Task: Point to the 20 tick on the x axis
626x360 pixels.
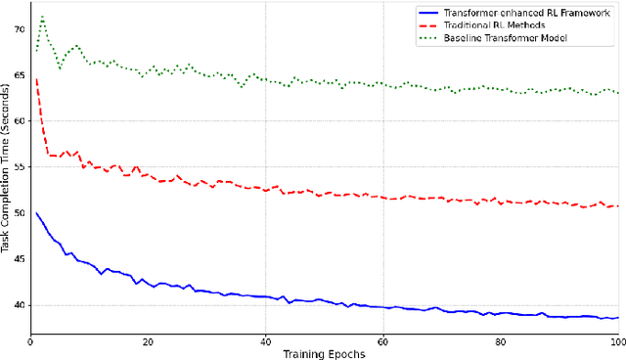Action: [147, 342]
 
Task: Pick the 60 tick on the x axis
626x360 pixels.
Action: [382, 342]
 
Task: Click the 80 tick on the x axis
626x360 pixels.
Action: [500, 342]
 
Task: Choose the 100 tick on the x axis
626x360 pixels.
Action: [617, 342]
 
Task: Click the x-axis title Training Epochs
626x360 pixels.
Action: [323, 354]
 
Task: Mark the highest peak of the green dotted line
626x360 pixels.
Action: [42, 17]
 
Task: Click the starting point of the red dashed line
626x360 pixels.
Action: [36, 80]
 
